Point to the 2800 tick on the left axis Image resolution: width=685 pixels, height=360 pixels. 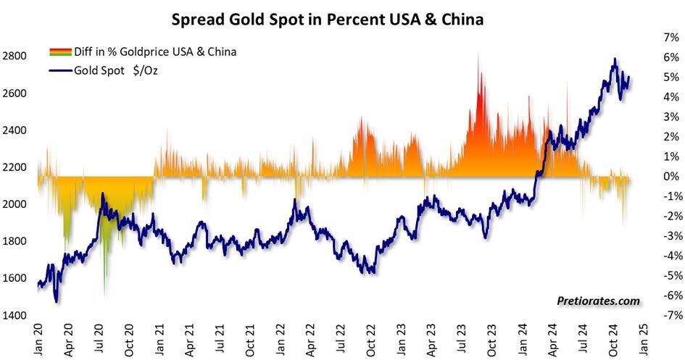click(16, 56)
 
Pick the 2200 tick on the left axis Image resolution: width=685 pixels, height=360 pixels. click(16, 167)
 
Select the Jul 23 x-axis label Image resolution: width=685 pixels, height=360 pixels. click(462, 338)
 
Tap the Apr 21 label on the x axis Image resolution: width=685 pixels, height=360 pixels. click(191, 338)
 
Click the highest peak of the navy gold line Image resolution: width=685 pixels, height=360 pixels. click(615, 59)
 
